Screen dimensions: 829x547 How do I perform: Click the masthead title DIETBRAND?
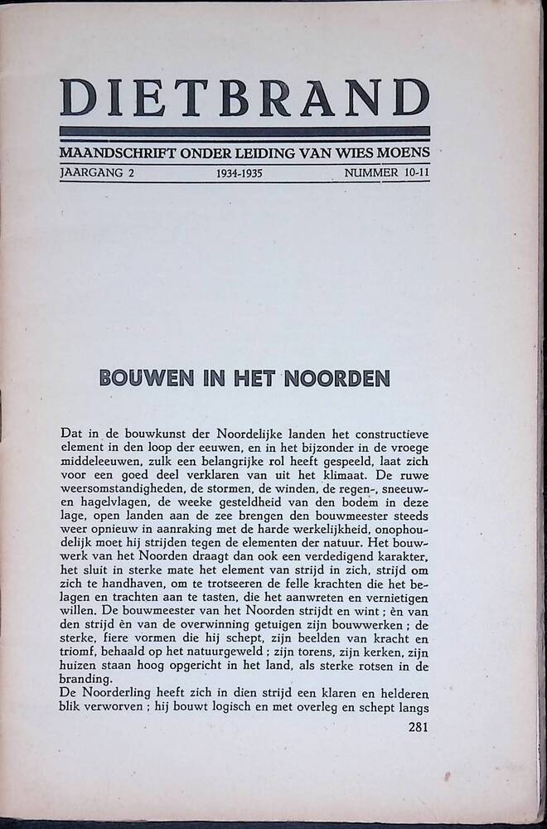coord(244,97)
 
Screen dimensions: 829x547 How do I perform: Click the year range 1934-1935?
coord(239,174)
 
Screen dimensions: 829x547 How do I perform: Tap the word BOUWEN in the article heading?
coord(136,379)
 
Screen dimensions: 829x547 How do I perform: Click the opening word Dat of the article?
coord(70,434)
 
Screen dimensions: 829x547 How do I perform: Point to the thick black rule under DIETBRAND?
coord(244,131)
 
